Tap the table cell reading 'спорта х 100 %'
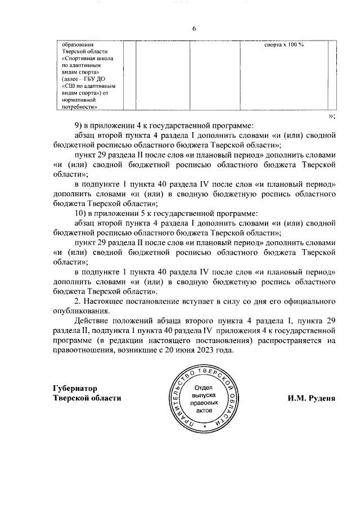(284, 44)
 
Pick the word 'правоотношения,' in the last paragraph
(84, 350)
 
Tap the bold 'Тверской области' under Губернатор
(87, 398)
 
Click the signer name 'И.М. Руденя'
(311, 398)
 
